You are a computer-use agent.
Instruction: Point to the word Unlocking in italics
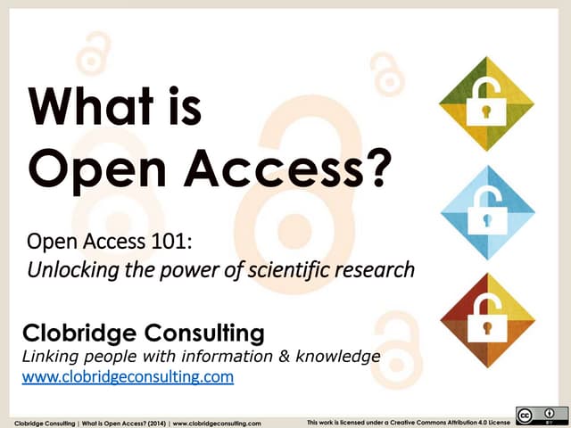point(69,268)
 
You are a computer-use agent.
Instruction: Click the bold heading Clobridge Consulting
point(142,334)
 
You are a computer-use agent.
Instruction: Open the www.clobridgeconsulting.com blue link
point(127,377)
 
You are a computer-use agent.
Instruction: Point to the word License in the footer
point(496,420)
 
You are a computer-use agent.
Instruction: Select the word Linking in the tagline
point(50,357)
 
